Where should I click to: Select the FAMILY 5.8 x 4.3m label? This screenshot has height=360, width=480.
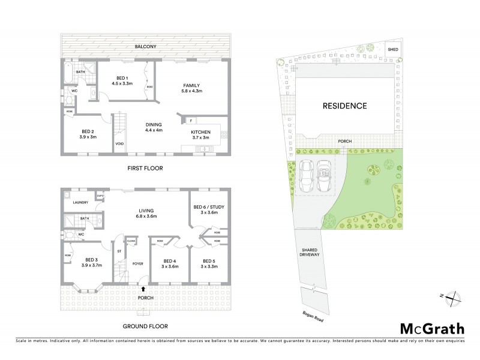(191, 88)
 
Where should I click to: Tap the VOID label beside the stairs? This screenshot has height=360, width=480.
(119, 143)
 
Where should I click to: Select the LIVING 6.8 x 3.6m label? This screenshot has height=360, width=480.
(146, 214)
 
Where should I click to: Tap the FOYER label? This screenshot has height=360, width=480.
(137, 263)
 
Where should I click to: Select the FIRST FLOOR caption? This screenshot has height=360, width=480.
(145, 168)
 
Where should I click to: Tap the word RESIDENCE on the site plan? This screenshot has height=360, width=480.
(345, 106)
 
